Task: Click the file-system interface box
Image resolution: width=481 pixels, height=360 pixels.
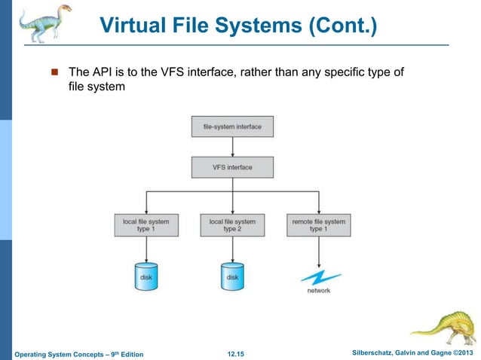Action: [x=232, y=127]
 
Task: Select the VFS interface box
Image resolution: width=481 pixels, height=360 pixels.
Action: [x=232, y=166]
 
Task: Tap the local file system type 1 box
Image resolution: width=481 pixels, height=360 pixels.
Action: [x=146, y=225]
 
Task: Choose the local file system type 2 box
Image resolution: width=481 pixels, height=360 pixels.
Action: [x=232, y=225]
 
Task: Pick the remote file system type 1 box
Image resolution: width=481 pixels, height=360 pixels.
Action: [x=318, y=225]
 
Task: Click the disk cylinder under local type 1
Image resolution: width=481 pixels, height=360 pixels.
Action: [x=146, y=276]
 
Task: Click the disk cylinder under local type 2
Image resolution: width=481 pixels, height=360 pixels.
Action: [x=232, y=276]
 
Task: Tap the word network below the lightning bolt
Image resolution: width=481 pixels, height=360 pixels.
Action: [x=318, y=291]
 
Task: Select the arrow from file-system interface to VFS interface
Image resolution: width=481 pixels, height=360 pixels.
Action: [x=232, y=147]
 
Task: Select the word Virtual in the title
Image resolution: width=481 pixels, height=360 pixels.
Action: [x=130, y=29]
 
